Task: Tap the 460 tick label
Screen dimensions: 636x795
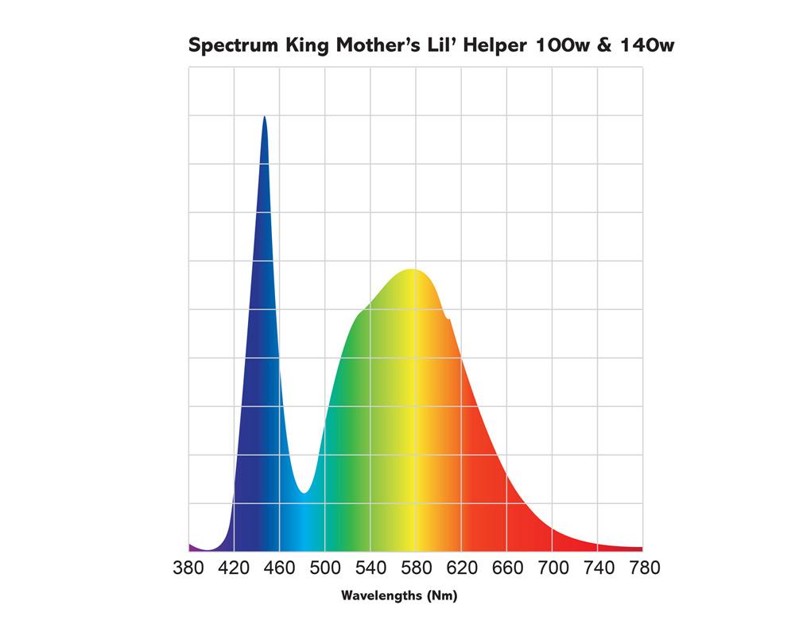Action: coord(279,568)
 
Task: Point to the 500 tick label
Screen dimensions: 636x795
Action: coord(325,568)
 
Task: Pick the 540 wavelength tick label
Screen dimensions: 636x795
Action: coord(370,568)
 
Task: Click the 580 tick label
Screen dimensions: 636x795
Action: coord(417,568)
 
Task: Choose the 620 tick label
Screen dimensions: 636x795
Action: coord(462,568)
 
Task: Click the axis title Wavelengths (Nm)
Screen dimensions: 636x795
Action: coord(399,595)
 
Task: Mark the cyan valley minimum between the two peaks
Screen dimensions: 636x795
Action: coord(304,493)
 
